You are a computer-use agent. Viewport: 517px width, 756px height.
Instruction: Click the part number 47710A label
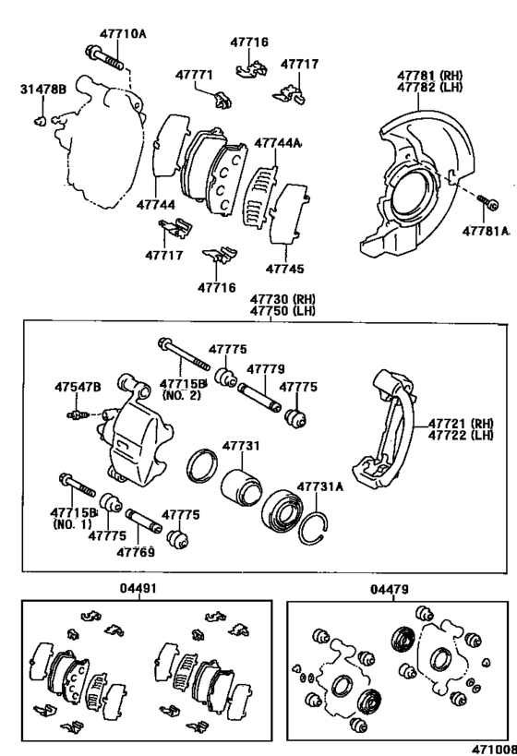tap(123, 34)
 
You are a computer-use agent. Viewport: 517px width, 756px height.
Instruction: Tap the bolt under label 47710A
tap(103, 58)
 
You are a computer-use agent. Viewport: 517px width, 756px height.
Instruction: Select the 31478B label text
tap(42, 90)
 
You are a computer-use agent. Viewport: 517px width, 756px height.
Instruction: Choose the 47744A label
tap(277, 143)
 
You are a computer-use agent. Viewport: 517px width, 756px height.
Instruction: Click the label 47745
tap(285, 269)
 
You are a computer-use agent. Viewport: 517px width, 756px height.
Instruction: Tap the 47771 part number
tap(194, 75)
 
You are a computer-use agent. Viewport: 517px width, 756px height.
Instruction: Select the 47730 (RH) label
tap(283, 299)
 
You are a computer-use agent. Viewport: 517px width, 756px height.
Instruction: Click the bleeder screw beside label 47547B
tap(78, 414)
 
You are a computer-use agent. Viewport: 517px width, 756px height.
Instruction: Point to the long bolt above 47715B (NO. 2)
tap(184, 354)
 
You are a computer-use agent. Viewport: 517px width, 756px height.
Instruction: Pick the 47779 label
tap(266, 369)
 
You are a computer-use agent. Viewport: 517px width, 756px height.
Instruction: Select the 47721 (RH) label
tap(462, 424)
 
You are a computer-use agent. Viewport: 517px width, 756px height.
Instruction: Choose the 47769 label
tap(136, 552)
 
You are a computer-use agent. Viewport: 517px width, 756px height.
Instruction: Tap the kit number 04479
tap(390, 589)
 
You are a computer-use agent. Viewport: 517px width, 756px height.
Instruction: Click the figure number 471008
tap(494, 750)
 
